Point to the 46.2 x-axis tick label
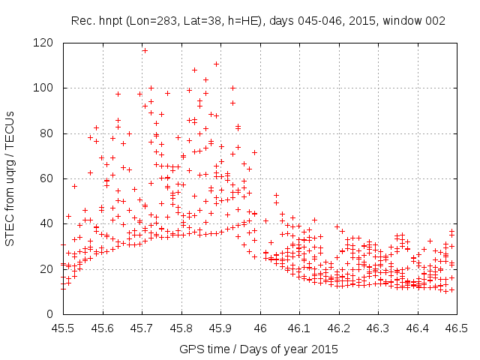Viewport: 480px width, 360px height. (338, 328)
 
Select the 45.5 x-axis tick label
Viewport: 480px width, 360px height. (63, 328)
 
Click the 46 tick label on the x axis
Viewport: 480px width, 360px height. (259, 328)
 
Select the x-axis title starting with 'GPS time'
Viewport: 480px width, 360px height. (259, 349)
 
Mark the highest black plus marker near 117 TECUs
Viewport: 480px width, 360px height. (145, 50)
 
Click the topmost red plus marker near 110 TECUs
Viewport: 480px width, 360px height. (216, 64)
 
